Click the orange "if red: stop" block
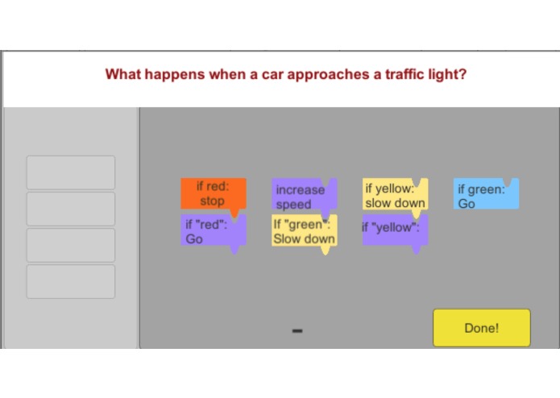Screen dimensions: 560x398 point(214,194)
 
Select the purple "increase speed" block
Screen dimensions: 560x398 point(304,194)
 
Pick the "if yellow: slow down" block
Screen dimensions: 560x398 point(395,194)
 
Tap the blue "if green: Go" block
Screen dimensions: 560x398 point(486,194)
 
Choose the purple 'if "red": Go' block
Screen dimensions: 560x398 point(214,230)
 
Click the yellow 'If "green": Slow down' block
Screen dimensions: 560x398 point(305,231)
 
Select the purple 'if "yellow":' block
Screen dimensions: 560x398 point(395,230)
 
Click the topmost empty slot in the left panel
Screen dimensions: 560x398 point(71,172)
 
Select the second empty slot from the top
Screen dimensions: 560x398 point(71,209)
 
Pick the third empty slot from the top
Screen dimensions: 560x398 point(71,245)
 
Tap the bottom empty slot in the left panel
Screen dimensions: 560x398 point(71,282)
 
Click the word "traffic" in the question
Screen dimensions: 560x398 point(403,74)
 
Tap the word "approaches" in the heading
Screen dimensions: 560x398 point(329,75)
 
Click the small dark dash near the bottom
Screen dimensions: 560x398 point(297,331)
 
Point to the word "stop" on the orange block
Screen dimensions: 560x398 point(212,201)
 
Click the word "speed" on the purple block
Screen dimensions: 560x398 point(293,205)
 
